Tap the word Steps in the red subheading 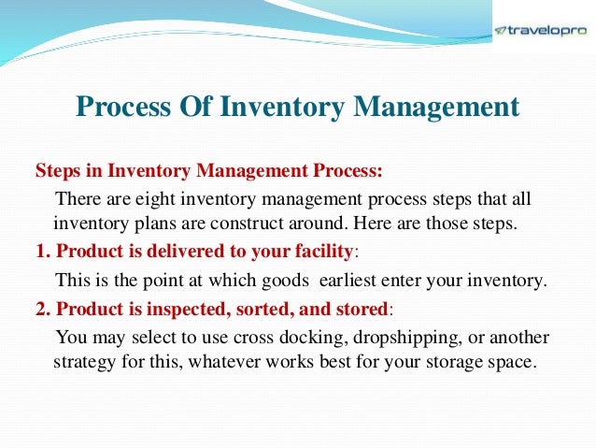coord(54,173)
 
